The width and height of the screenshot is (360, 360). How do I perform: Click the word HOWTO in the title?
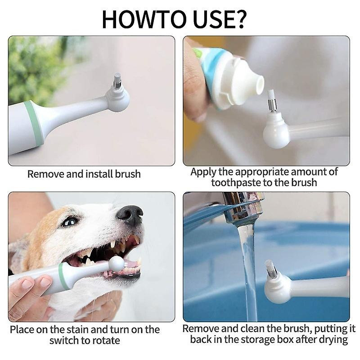143,18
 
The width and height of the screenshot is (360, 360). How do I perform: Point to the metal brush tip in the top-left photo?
117,81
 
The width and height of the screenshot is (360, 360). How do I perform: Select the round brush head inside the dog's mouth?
116,264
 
